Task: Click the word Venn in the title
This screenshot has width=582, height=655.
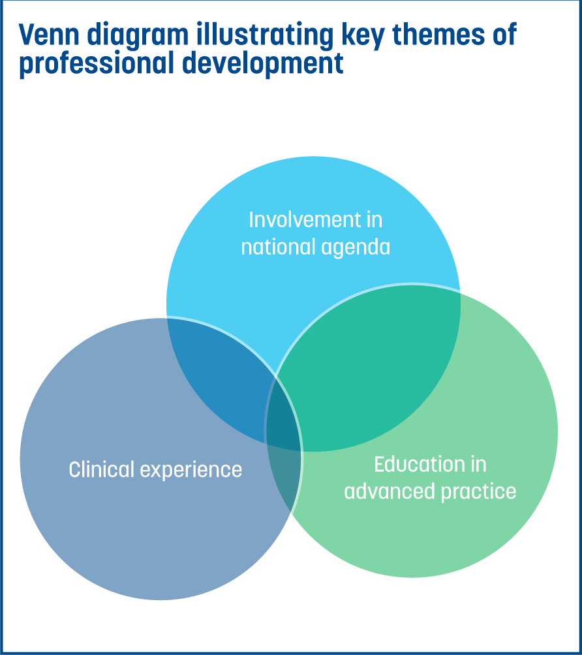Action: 49,35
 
